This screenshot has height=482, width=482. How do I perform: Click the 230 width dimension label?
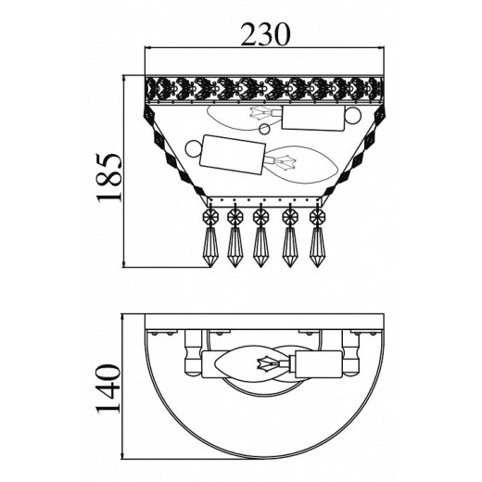(x=266, y=33)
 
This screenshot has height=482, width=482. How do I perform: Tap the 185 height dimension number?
(x=108, y=177)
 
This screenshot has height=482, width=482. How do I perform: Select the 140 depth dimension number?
(x=108, y=388)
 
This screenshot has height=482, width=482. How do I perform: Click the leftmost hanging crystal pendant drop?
(x=210, y=247)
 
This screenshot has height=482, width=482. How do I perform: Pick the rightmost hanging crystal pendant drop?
(x=317, y=247)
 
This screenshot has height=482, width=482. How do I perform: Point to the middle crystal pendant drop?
(x=260, y=247)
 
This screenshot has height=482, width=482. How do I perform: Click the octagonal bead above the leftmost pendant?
(x=210, y=216)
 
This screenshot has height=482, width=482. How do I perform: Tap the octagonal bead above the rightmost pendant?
(x=317, y=216)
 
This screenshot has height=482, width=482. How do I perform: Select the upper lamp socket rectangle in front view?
(x=313, y=119)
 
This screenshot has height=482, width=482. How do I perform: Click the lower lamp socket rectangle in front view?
(x=233, y=154)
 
